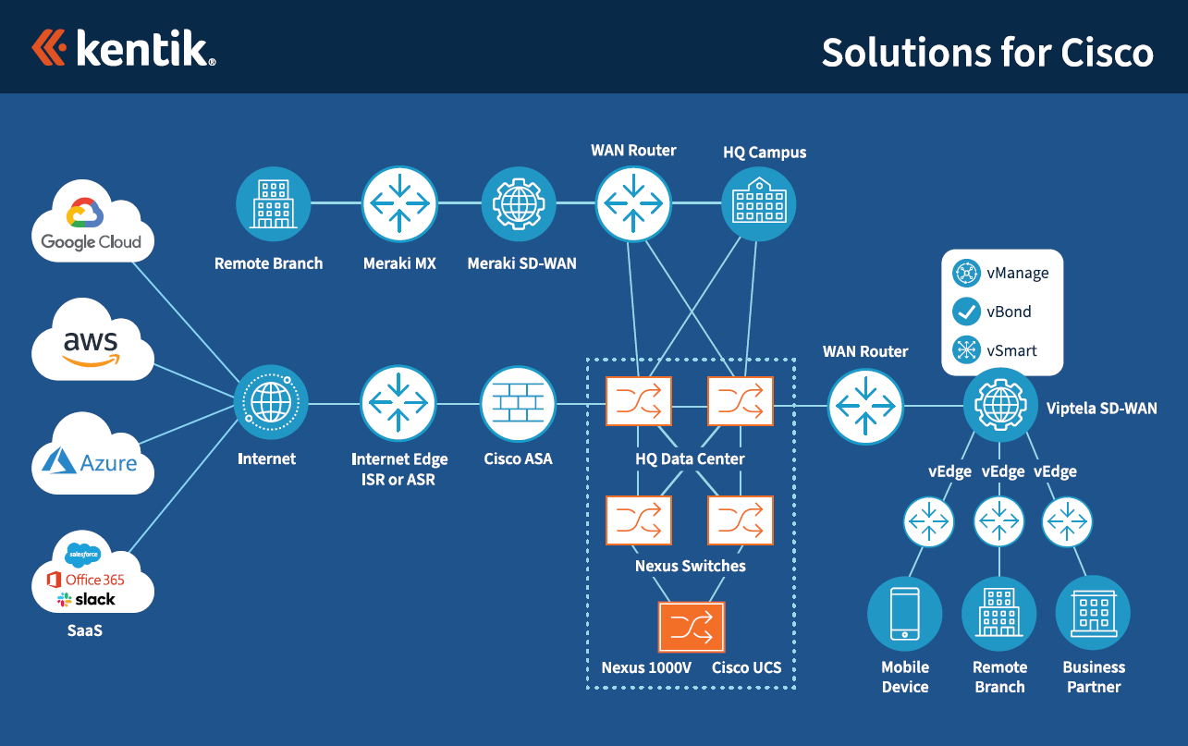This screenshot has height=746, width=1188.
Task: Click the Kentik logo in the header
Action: tap(124, 48)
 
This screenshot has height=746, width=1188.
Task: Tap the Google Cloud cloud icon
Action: tap(92, 222)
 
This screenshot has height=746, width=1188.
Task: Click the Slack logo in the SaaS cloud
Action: tap(87, 599)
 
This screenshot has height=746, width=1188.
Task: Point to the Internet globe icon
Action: tap(271, 404)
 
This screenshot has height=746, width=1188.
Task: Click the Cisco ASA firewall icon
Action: tap(518, 404)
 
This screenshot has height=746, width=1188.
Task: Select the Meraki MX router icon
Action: tap(398, 203)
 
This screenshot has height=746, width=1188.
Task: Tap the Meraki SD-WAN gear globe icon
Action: tap(520, 203)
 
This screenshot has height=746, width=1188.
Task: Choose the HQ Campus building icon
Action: tap(758, 203)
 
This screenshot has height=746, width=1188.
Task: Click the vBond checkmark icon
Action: tap(967, 312)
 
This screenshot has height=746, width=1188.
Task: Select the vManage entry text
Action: tap(1017, 273)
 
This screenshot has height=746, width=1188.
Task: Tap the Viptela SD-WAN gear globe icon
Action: tap(1001, 405)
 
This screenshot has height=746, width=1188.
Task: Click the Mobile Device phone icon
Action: tap(904, 614)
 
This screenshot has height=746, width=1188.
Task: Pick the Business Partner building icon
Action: tap(1093, 614)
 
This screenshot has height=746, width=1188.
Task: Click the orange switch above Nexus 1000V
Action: tap(692, 628)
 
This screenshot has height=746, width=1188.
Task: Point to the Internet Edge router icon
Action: tap(398, 404)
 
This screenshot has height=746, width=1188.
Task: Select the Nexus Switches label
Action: tap(690, 566)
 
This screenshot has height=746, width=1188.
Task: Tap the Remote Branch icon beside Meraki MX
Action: tap(274, 203)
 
